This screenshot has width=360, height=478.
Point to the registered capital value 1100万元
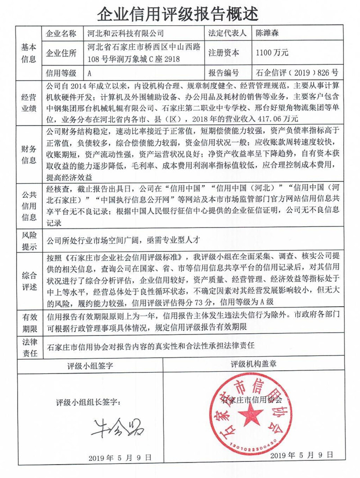click(x=272, y=53)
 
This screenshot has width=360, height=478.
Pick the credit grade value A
click(x=90, y=72)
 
